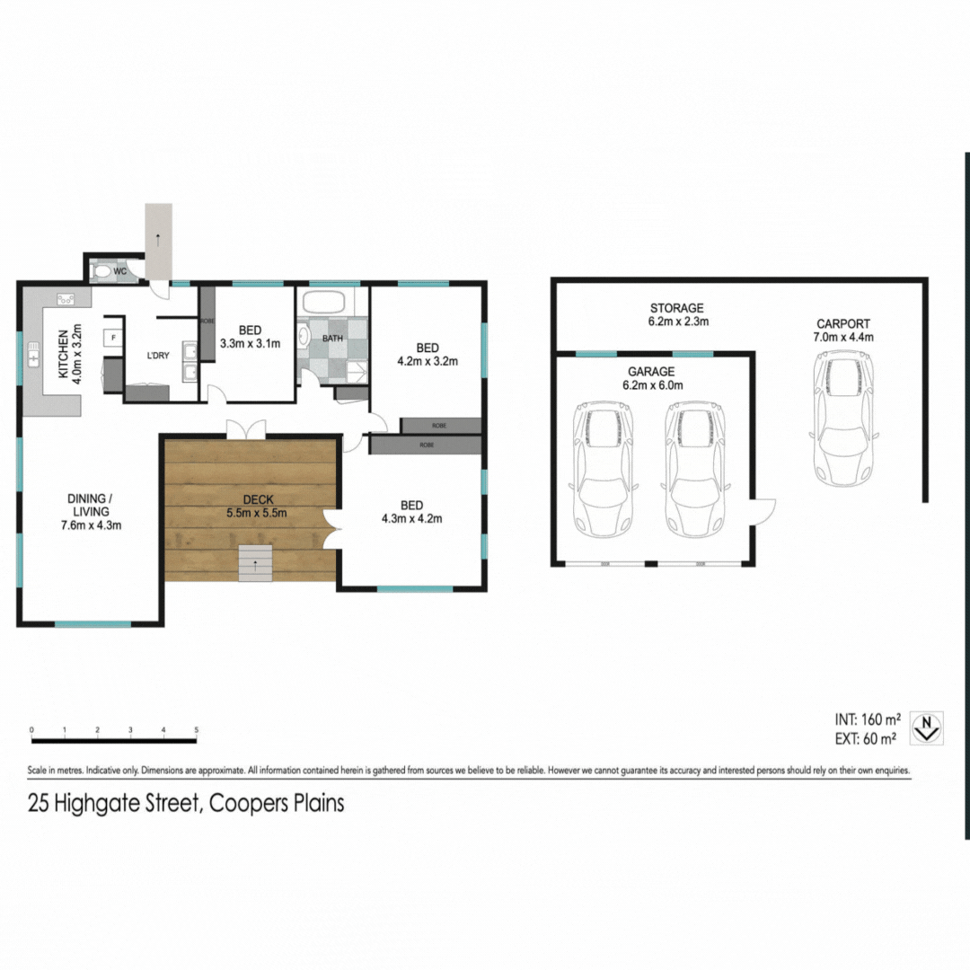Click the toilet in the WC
102,270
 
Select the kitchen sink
33,358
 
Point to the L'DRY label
158,357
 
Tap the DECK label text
251,500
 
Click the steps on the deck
255,563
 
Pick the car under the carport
843,417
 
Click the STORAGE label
678,308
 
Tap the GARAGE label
652,371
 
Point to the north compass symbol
927,727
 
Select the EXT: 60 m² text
865,739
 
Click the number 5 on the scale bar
196,730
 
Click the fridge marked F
112,338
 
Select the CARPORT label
842,324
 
